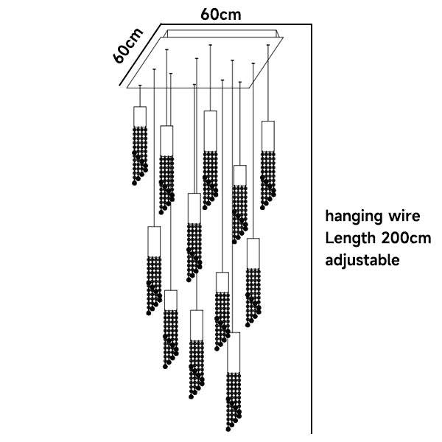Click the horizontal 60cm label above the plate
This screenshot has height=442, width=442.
pyautogui.click(x=220, y=13)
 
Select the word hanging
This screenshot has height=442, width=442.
pyautogui.click(x=351, y=217)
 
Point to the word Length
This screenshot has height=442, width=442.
pyautogui.click(x=351, y=238)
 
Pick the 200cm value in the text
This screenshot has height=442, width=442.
pyautogui.click(x=407, y=238)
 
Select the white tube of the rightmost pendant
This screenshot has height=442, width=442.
pyautogui.click(x=268, y=134)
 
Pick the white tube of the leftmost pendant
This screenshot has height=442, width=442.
pyautogui.click(x=140, y=116)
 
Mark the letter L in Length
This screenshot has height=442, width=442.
pyautogui.click(x=329, y=238)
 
